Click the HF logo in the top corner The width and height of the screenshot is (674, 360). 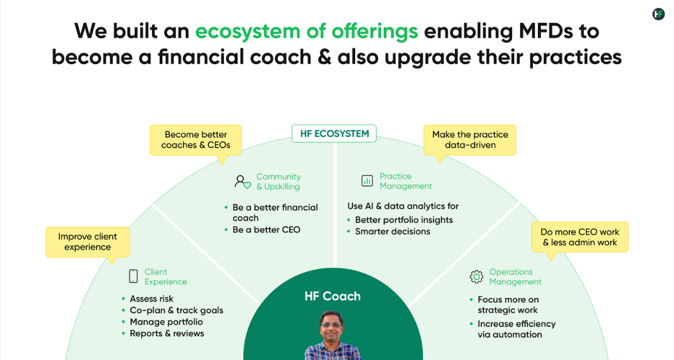coord(658,14)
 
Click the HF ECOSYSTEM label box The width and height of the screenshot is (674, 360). coord(334,134)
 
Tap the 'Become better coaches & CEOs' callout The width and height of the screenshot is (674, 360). coord(196,140)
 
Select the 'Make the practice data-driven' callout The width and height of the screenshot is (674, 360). coord(469,140)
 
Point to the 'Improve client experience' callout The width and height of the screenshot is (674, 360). coord(88,242)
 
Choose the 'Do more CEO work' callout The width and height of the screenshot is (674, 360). coord(580,237)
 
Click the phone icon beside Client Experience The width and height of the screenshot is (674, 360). coord(133,276)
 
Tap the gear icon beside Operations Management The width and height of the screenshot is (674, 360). coord(476,276)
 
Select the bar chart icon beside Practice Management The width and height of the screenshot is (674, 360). coord(367,181)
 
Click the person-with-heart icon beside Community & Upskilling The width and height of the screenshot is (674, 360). coord(243,181)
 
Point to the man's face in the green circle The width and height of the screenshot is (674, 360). coord(331,325)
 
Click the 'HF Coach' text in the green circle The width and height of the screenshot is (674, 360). coord(333,296)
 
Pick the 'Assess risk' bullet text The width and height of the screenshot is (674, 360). coord(152,299)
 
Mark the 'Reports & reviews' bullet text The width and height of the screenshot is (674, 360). coord(167,333)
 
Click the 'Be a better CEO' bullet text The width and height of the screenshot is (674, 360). coord(266,230)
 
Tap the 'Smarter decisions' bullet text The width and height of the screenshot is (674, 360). coord(392,232)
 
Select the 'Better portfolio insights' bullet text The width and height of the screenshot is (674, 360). coord(404,220)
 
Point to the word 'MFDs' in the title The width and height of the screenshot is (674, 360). coord(546,31)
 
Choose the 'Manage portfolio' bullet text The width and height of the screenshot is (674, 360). coord(166,322)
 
